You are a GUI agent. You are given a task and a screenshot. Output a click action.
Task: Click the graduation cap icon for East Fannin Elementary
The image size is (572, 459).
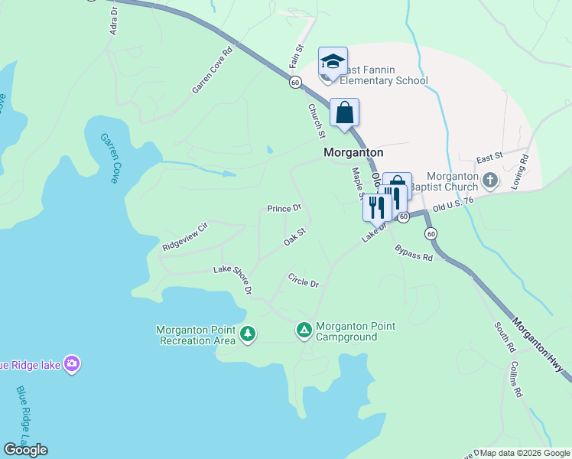coord(333,61)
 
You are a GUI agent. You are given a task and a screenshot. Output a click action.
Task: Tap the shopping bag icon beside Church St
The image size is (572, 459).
coord(345,112)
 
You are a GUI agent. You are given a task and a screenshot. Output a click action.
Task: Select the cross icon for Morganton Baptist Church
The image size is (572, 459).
coord(490,181)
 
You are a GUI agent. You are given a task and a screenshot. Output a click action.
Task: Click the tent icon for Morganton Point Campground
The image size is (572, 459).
coord(304,330)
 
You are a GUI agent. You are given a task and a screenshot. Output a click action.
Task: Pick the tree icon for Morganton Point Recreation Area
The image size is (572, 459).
coord(247,334)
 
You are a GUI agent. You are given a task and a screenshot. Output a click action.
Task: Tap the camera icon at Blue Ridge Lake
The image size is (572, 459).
coord(73,364)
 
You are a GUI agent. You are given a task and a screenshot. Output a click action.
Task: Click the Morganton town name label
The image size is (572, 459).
coord(353,152)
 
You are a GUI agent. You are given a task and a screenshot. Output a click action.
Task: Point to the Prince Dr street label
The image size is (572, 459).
coord(284,208)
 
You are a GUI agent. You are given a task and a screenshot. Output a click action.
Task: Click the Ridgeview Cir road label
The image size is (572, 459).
coord(185,237)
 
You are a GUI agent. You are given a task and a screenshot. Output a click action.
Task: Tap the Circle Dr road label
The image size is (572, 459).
coord(303,280)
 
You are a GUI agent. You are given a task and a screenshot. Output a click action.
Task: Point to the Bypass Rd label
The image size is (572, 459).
coord(414,253)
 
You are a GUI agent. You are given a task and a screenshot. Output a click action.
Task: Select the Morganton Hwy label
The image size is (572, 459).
coord(541,346)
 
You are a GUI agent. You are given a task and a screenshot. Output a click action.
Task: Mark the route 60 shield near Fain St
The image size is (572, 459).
coord(294,82)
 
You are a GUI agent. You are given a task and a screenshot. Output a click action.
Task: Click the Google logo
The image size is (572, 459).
coord(25,449)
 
